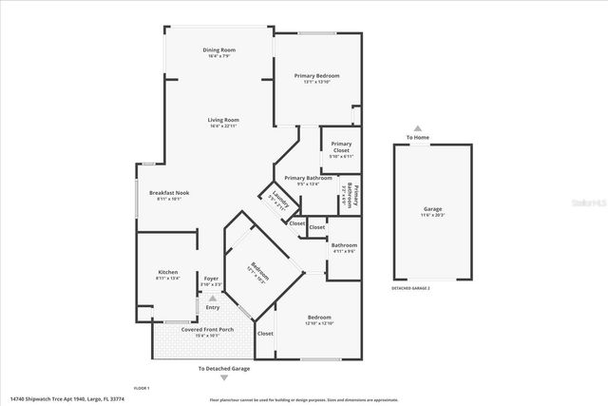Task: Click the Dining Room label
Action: [x=218, y=49]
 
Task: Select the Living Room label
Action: [x=222, y=120]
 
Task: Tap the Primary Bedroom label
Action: [x=316, y=76]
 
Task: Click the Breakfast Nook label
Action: [x=169, y=193]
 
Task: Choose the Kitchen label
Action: [x=167, y=272]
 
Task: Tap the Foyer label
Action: [x=212, y=278]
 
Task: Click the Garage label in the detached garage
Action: [x=432, y=208]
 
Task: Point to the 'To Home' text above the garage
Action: [x=418, y=138]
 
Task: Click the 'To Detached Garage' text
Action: [x=224, y=368]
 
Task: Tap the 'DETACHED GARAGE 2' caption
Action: [x=410, y=287]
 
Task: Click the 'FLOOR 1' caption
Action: [x=142, y=388]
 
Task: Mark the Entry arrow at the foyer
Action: [x=212, y=299]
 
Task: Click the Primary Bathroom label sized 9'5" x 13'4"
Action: [x=308, y=178]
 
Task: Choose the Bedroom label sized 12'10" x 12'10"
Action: [x=318, y=318]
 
